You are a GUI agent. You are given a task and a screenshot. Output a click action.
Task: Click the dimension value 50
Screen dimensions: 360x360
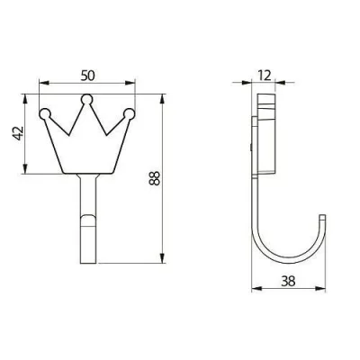pyautogui.click(x=86, y=71)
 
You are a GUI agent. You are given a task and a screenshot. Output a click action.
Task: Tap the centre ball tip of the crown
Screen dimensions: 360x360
pyautogui.click(x=86, y=99)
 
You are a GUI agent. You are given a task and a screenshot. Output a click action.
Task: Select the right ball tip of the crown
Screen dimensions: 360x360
pyautogui.click(x=130, y=113)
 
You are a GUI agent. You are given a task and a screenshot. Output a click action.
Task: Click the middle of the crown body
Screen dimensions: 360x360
pyautogui.click(x=86, y=144)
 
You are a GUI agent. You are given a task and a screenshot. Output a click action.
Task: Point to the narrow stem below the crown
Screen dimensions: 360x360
pyautogui.click(x=86, y=216)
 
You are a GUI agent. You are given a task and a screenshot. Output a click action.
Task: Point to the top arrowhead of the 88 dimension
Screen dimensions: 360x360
pyautogui.click(x=163, y=97)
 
